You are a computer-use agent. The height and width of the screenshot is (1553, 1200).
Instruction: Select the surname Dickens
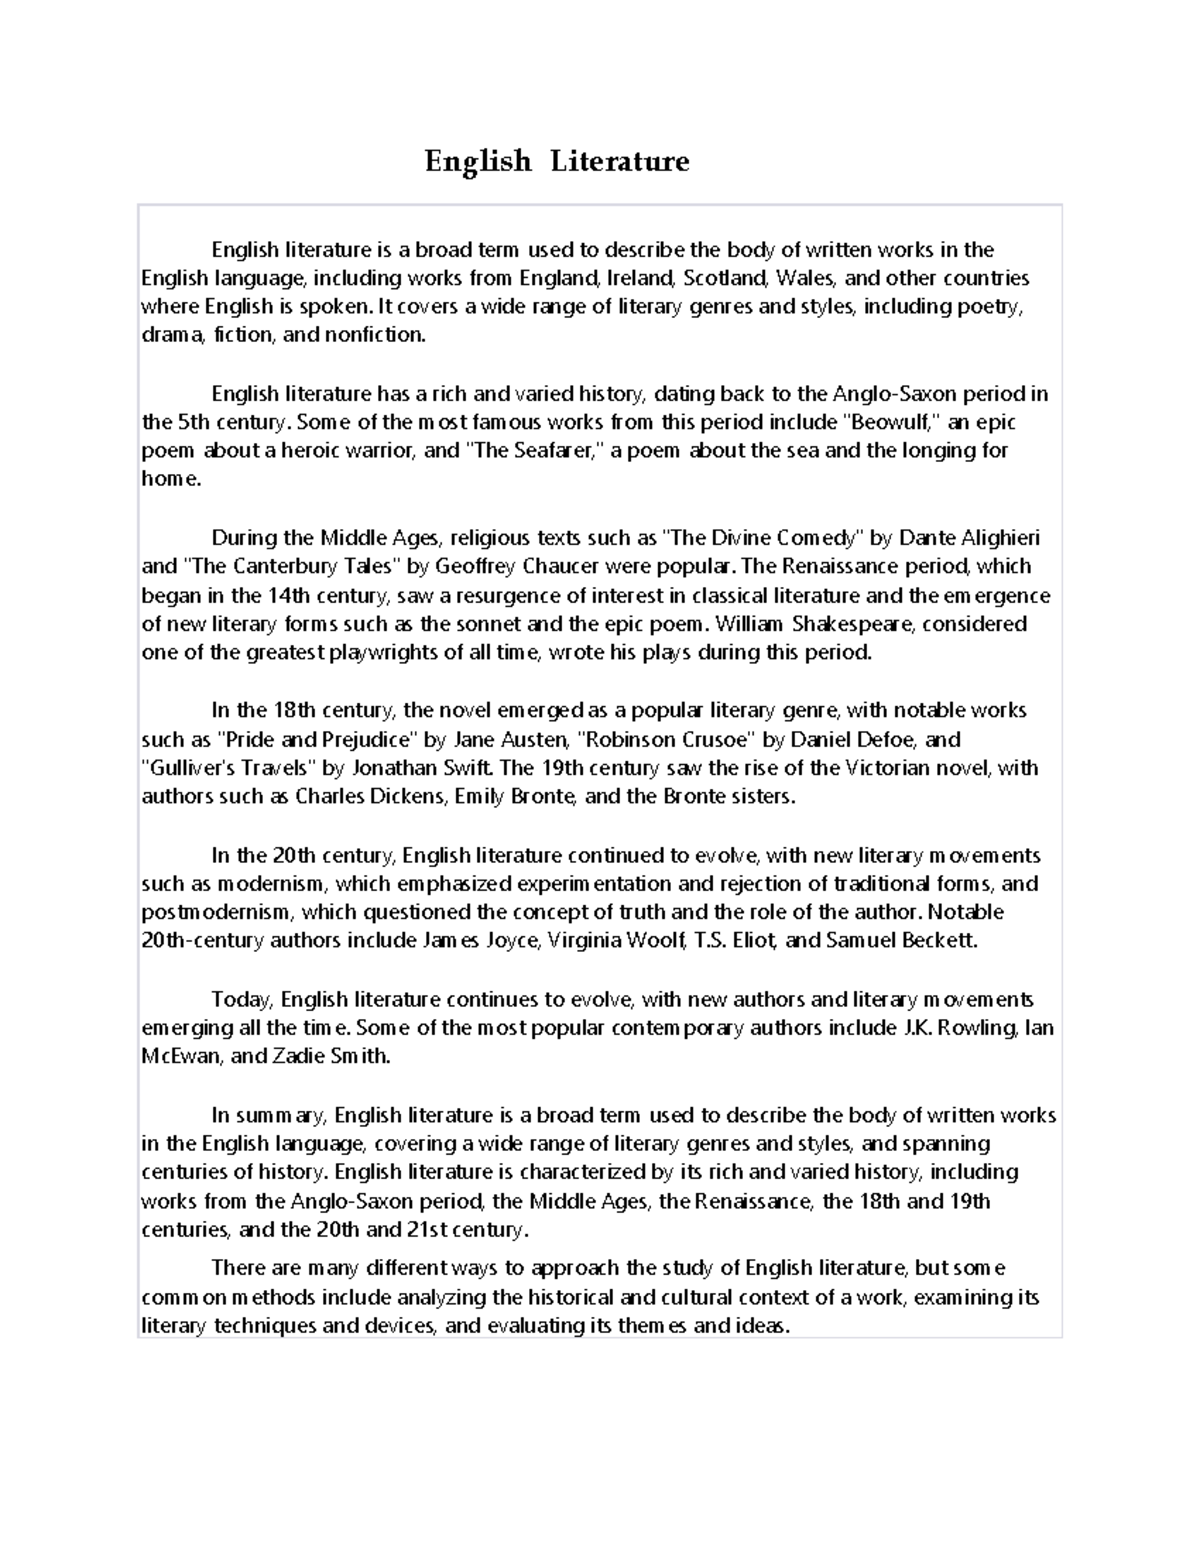412,797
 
